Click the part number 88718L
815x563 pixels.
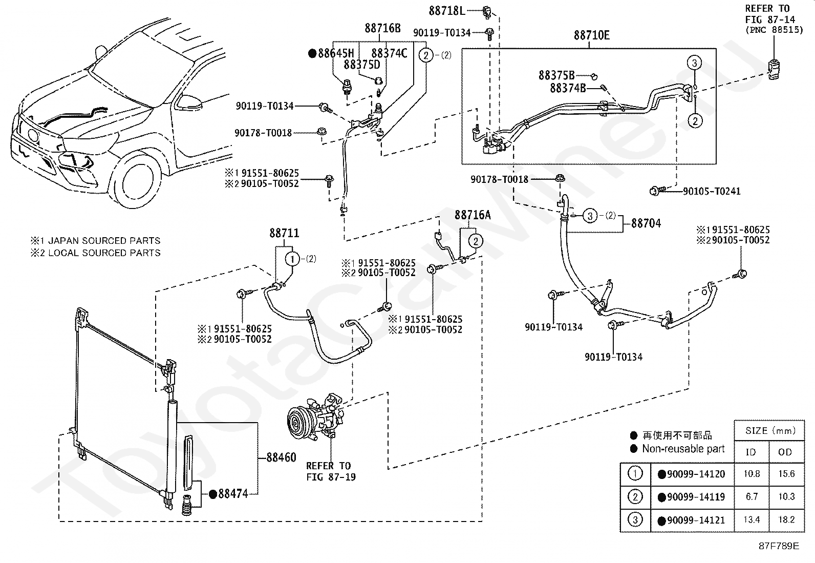click(x=447, y=11)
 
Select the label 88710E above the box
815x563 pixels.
click(x=592, y=35)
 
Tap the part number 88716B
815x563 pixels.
click(x=382, y=28)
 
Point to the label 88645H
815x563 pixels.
click(x=336, y=53)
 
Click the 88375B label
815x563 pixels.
click(x=556, y=75)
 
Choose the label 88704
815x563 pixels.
click(x=646, y=223)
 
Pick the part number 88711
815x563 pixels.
click(x=284, y=233)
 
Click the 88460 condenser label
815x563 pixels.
click(x=281, y=457)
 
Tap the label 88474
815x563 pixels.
click(x=233, y=494)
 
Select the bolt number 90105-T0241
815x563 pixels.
click(x=712, y=191)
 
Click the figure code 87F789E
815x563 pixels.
click(x=779, y=546)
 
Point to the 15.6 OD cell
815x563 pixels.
click(x=786, y=474)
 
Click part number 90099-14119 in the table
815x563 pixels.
click(x=696, y=497)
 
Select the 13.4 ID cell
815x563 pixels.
click(x=752, y=519)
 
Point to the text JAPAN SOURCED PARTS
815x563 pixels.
click(x=104, y=241)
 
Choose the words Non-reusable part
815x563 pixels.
click(x=683, y=449)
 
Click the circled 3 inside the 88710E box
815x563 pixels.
click(x=694, y=63)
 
